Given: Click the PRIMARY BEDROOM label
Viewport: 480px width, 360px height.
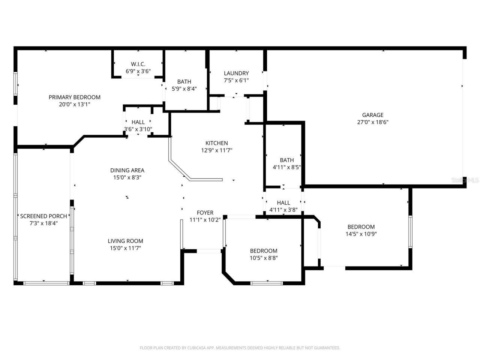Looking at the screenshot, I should [74, 97].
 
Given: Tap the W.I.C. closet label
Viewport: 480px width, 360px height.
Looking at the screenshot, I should [138, 64].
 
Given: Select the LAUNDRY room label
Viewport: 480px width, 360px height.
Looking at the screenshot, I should [236, 73].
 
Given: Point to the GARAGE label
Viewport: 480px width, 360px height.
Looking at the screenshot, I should [372, 115].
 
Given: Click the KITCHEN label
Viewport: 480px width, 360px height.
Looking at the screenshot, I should [216, 143].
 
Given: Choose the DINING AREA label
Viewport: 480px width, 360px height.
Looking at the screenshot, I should [127, 170].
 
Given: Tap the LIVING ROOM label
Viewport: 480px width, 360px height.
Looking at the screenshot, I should [125, 241].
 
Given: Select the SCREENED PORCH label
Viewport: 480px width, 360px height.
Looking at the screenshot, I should [43, 216].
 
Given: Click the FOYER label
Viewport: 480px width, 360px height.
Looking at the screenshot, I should [205, 213].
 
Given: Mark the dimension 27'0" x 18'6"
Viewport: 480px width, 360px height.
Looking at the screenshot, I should [372, 122].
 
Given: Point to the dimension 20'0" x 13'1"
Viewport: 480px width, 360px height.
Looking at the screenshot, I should [74, 105].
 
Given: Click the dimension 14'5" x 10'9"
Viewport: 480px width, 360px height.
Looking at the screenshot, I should [361, 234].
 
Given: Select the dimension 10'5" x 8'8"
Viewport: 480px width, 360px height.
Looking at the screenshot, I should [264, 258].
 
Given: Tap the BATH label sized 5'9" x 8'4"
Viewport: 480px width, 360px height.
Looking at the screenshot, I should [184, 81].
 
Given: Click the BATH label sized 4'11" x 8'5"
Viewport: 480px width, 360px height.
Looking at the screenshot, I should [286, 160].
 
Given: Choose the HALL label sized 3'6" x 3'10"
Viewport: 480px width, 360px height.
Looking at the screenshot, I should [138, 122].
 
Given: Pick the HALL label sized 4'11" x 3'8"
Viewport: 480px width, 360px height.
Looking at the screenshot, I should [283, 202].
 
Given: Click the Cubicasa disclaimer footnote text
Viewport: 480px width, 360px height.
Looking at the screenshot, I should [240, 348].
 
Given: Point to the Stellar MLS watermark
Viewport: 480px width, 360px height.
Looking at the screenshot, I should [465, 180].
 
